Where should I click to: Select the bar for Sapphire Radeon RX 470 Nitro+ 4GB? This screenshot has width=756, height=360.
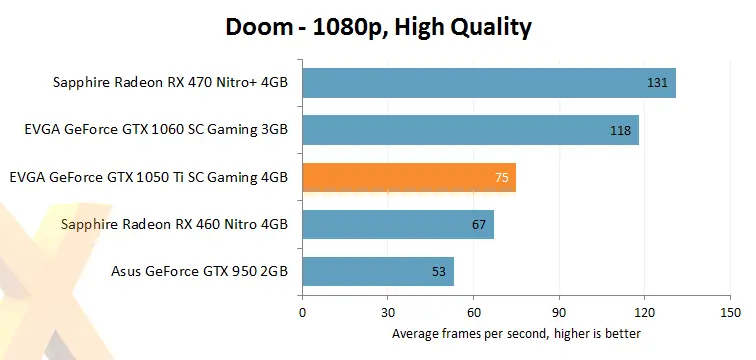(488, 83)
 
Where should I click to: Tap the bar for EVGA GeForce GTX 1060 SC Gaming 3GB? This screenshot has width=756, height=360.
(470, 130)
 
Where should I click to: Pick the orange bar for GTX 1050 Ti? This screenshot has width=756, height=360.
(408, 177)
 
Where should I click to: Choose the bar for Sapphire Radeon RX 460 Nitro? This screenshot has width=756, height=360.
(397, 224)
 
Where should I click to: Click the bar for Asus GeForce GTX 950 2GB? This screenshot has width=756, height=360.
(377, 271)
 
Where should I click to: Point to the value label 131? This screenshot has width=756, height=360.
(657, 83)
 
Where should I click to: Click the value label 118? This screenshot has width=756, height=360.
(620, 130)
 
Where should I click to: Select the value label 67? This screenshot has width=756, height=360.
(480, 224)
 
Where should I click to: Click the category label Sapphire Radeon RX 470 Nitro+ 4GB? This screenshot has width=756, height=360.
(170, 83)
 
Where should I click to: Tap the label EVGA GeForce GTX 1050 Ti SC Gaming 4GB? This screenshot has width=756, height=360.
(148, 177)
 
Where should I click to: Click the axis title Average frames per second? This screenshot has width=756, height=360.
(516, 333)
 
